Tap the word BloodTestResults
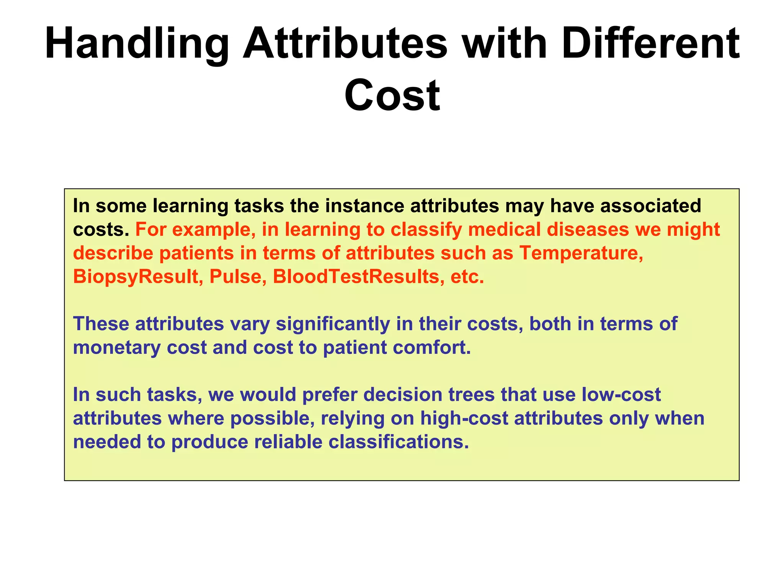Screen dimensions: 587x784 pos(356,277)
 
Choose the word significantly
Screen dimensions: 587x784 pos(333,324)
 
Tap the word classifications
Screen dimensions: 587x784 pos(399,442)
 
